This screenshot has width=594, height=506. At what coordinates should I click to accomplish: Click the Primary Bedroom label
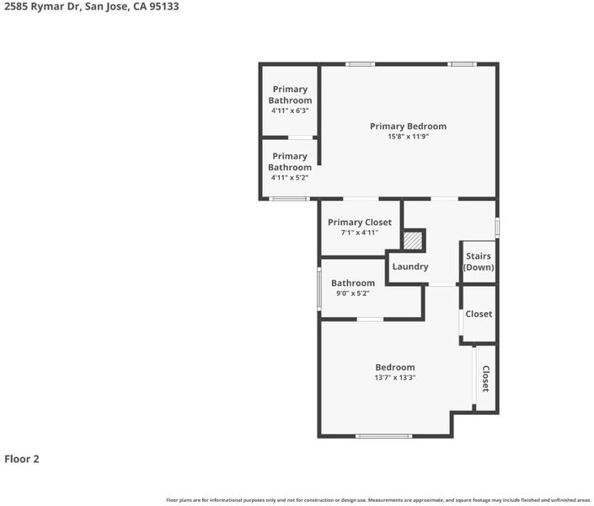pos(408,126)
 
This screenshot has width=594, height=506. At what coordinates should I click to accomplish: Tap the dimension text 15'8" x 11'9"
pos(408,137)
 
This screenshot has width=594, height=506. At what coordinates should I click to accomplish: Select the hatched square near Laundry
pos(413,240)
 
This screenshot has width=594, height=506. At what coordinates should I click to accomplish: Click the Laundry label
pos(409,266)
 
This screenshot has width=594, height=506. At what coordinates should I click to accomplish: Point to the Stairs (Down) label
pos(479,261)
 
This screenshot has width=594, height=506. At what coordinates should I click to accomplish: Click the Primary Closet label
pos(360,223)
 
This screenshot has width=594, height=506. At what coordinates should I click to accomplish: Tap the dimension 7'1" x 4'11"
pos(360,233)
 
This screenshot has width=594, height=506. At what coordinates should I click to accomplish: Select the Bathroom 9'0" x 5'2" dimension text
pos(353,293)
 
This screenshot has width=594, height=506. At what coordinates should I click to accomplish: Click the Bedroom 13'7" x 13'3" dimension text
pos(395,378)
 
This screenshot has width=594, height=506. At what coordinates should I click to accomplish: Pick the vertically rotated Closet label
pos(485,379)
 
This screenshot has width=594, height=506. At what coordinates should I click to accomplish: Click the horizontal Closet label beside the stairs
pos(479,314)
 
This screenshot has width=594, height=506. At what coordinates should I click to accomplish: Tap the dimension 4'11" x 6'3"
pos(290,110)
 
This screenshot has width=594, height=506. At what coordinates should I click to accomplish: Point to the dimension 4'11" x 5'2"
pos(290,177)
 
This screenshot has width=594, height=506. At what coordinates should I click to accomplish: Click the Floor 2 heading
pos(22,459)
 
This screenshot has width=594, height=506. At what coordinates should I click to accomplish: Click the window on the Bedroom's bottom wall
pos(383,436)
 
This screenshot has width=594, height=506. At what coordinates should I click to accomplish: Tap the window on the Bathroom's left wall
pos(319,289)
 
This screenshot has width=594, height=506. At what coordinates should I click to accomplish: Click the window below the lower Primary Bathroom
pos(290,199)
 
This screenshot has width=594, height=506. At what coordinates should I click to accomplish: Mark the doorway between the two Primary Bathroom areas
pos(301,137)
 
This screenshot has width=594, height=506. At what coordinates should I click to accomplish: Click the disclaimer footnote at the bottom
pos(378,500)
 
